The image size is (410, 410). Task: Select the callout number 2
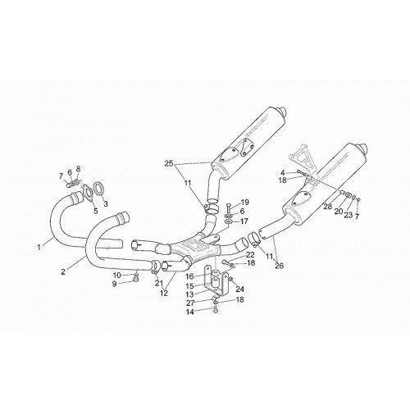coord(63,271)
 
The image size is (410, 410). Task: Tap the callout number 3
coord(106,203)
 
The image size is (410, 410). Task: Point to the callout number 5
coord(95,211)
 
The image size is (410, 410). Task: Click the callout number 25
coord(169,164)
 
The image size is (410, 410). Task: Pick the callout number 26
coord(279,265)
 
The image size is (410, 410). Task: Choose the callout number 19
coord(245,203)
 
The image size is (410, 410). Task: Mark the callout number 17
coord(244,221)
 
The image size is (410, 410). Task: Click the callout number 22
coord(250,255)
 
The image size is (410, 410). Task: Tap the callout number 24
coord(240,289)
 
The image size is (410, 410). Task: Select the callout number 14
coord(189,312)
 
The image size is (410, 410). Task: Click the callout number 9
coord(114,284)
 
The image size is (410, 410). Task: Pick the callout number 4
coord(283,172)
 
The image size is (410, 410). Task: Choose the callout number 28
coord(328,207)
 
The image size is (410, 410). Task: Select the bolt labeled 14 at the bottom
coord(216,311)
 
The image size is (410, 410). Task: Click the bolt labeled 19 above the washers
coord(229,207)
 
